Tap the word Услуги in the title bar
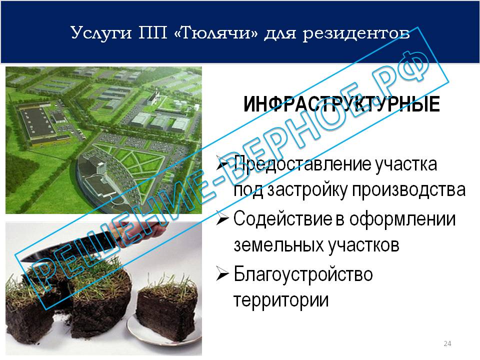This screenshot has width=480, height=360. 101,33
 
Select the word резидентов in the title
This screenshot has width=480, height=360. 356,33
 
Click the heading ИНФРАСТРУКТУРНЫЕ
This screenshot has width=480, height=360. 341,104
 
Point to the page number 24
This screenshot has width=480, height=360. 447,343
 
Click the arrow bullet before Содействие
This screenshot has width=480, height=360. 222,219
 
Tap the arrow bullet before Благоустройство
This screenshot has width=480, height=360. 222,273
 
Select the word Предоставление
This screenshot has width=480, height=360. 302,164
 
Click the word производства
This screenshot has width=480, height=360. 408,190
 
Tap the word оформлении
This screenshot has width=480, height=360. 402,219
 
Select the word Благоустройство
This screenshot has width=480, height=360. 303,274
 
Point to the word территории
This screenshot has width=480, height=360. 281,300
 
